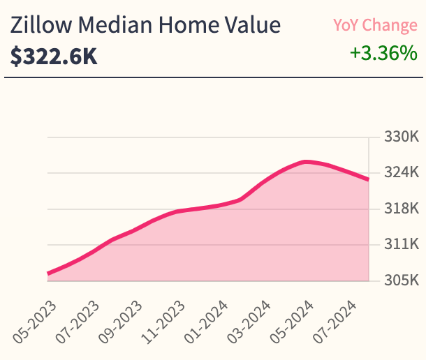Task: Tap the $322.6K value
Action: pos(54,55)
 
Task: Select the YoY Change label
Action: pos(375,26)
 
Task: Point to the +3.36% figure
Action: pos(383,52)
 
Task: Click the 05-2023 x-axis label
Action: pos(33,322)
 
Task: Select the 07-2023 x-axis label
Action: pos(78,322)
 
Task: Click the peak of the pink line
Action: pos(305,162)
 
